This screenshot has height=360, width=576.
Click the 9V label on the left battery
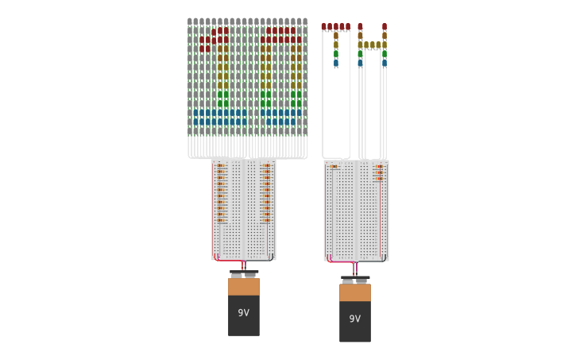tap(243, 312)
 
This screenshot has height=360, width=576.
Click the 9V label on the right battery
tap(354, 319)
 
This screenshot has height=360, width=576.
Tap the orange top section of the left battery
tap(243, 286)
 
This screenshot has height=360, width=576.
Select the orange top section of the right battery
tap(354, 292)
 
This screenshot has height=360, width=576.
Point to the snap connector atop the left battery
tap(244, 273)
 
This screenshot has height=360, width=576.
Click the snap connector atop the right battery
tap(355, 280)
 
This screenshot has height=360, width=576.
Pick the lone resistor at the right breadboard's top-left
tap(334, 166)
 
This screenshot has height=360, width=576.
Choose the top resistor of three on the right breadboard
tap(379, 166)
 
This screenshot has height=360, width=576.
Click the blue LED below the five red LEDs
tap(335, 62)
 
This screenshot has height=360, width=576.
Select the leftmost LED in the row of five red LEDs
tap(324, 27)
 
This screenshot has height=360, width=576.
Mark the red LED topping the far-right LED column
tap(385, 27)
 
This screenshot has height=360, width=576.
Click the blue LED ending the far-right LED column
tap(385, 62)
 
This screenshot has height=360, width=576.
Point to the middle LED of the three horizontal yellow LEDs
tap(372, 45)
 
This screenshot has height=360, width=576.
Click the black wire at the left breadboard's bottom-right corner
tap(270, 257)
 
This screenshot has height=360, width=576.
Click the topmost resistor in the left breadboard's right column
tap(266, 166)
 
